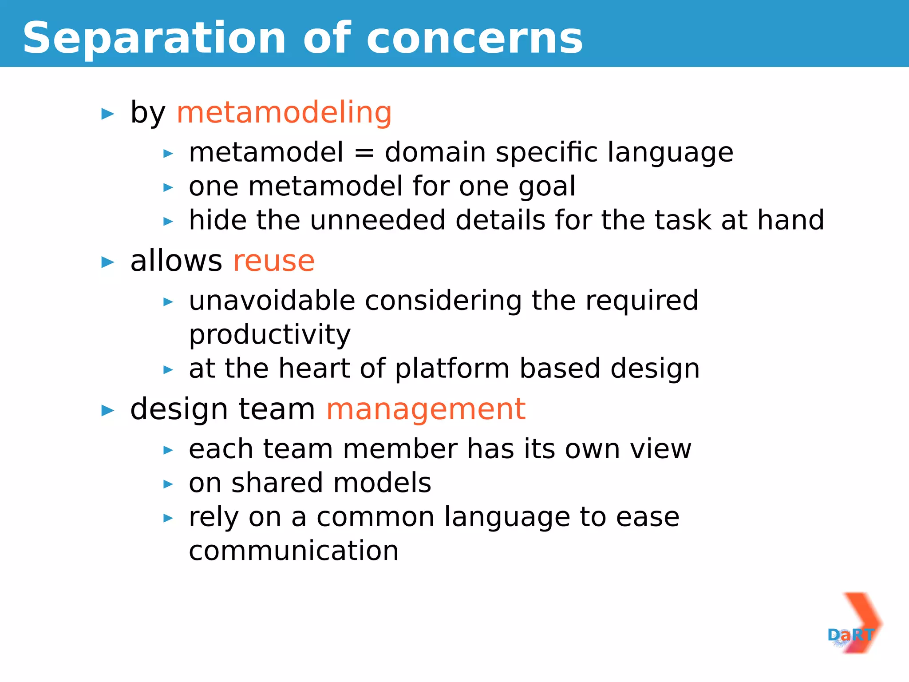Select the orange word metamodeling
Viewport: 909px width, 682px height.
click(284, 112)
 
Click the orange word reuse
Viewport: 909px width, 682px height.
click(274, 261)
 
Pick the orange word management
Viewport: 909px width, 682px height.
click(426, 409)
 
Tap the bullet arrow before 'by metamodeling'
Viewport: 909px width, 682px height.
click(107, 114)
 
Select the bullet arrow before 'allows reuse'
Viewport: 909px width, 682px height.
click(107, 262)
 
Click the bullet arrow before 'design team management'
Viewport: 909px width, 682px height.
click(107, 411)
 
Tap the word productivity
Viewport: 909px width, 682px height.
click(269, 335)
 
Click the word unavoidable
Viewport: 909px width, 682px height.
click(272, 301)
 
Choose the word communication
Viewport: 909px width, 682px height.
click(293, 551)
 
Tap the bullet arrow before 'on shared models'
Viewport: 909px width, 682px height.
click(168, 484)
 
